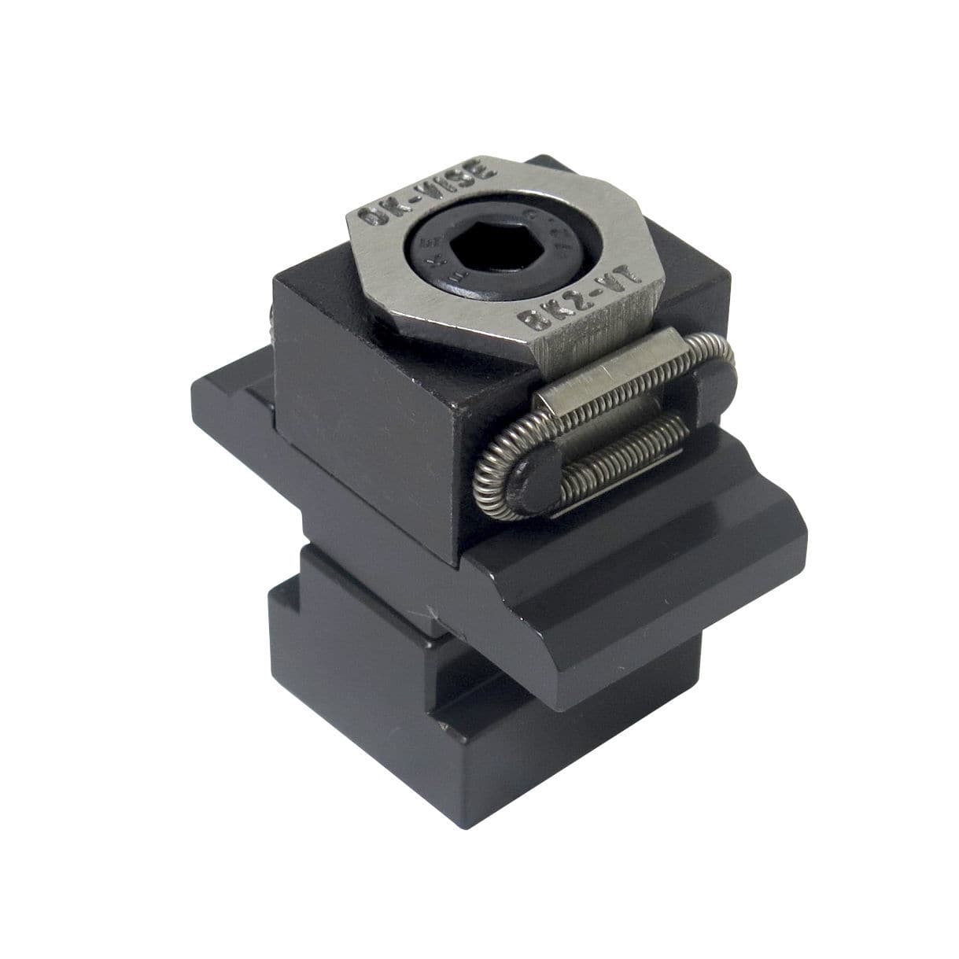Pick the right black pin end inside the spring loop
click(x=714, y=385)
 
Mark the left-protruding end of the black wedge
click(x=228, y=393)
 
